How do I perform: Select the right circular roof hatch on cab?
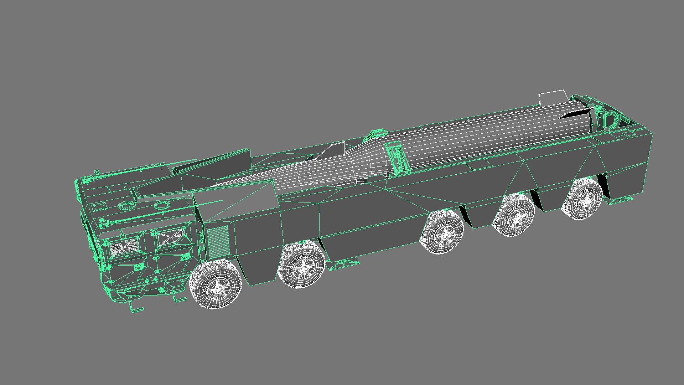point(161,205)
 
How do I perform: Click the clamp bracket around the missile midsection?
point(397,157)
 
